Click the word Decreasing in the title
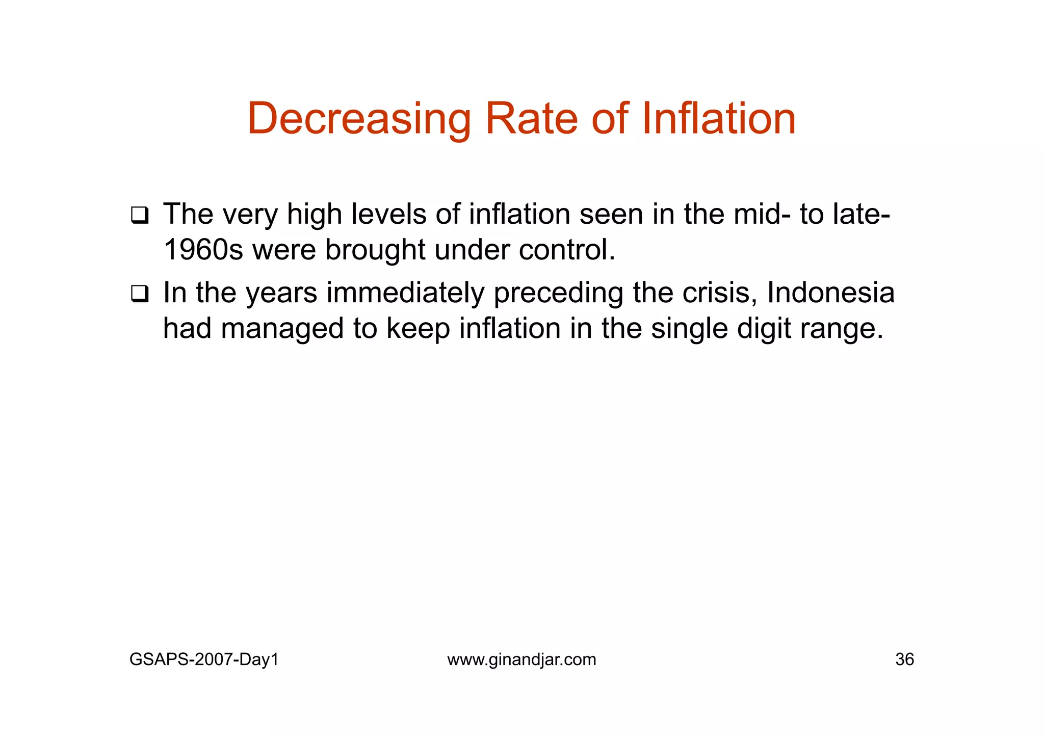(359, 119)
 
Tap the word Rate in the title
(531, 119)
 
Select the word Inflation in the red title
(719, 119)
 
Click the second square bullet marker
(139, 294)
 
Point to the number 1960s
(203, 250)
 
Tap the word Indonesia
(830, 293)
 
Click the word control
(567, 250)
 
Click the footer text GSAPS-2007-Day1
(204, 660)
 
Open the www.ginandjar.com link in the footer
(521, 660)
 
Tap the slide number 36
(904, 660)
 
